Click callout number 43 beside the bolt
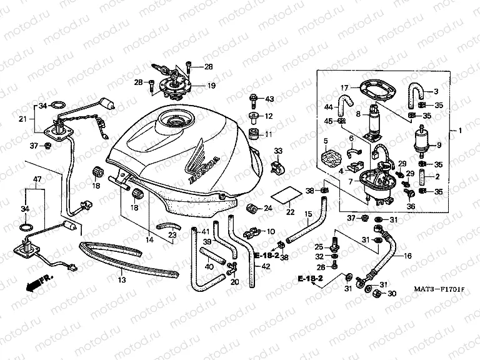click(269, 99)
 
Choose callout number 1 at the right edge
click(460, 131)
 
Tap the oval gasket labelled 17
click(375, 94)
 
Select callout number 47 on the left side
click(37, 179)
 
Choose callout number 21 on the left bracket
click(22, 119)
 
